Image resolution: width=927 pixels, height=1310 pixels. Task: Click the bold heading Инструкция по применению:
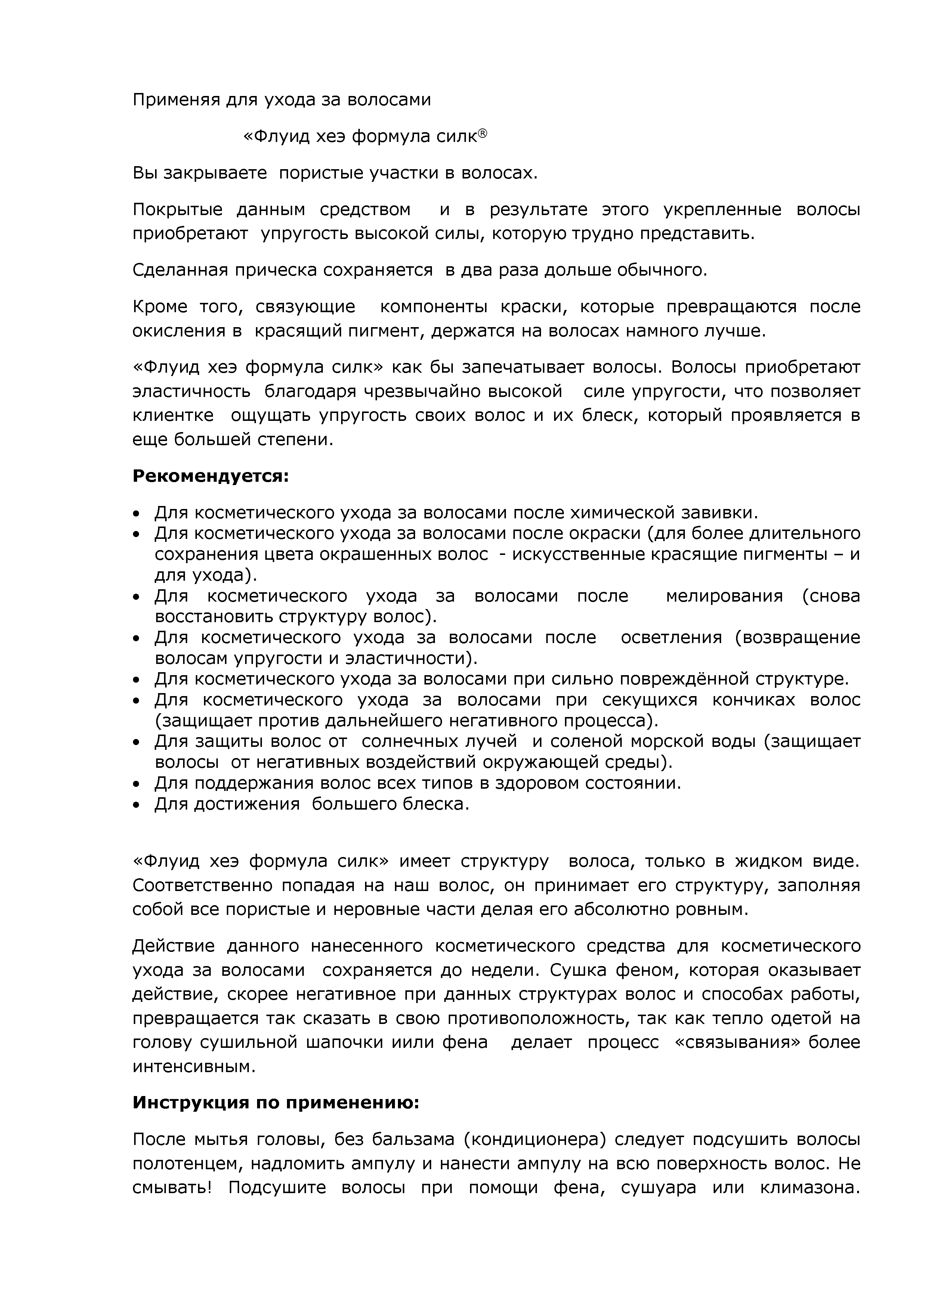click(276, 1102)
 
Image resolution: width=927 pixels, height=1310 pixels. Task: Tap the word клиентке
click(173, 415)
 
